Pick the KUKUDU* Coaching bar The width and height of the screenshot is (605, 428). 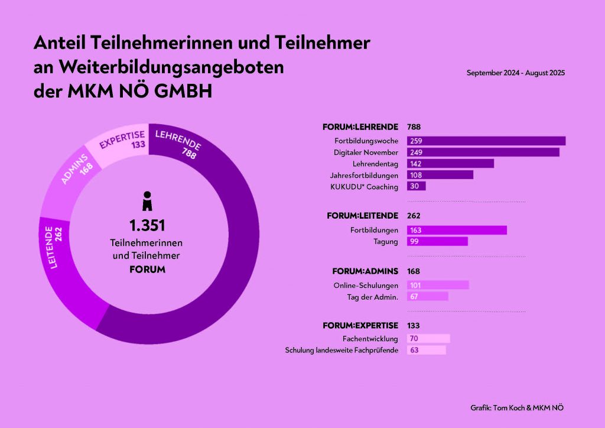pyautogui.click(x=416, y=186)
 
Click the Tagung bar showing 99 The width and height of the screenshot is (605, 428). pyautogui.click(x=437, y=241)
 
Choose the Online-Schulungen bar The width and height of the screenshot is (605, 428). pyautogui.click(x=438, y=285)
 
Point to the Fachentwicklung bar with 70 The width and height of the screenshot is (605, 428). pyautogui.click(x=428, y=339)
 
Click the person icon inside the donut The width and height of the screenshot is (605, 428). pyautogui.click(x=147, y=200)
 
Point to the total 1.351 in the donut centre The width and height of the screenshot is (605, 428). pyautogui.click(x=147, y=225)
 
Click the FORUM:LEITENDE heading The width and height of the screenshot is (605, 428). pyautogui.click(x=362, y=216)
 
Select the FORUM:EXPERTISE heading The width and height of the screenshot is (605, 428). pyautogui.click(x=360, y=326)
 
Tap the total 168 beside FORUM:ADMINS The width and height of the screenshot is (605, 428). pyautogui.click(x=414, y=271)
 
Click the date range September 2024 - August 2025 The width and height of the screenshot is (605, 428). pyautogui.click(x=516, y=73)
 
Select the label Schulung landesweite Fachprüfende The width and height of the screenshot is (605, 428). pyautogui.click(x=341, y=351)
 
